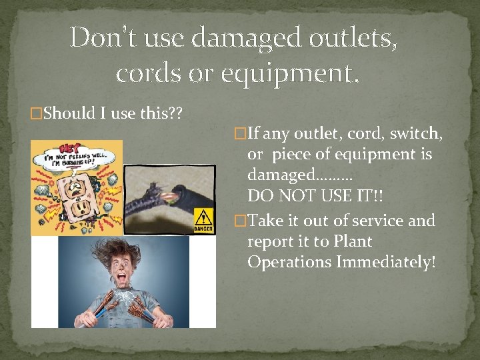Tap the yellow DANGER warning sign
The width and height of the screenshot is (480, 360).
[203, 219]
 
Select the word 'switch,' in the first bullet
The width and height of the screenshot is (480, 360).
[417, 134]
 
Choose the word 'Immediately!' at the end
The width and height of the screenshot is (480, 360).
[386, 262]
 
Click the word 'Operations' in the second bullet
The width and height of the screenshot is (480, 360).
[289, 262]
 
